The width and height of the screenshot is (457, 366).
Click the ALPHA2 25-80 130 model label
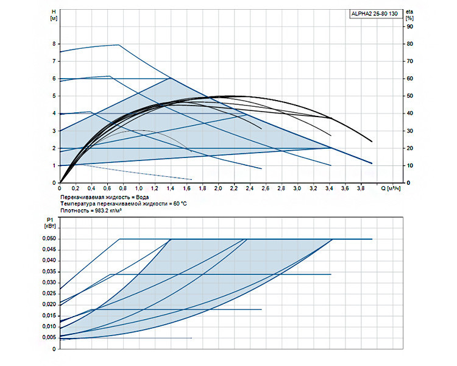(x=374, y=13)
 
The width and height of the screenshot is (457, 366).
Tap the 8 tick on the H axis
(x=54, y=44)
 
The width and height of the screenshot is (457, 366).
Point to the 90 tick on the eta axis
(x=410, y=27)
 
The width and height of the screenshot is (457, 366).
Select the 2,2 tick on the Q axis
(x=234, y=188)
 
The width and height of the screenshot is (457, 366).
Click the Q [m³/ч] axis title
(x=391, y=188)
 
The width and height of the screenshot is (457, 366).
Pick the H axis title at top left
(x=54, y=15)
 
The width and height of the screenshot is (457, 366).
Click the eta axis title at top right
(x=409, y=15)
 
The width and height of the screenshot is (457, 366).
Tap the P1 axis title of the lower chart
(x=50, y=223)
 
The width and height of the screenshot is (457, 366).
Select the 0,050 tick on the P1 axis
(x=49, y=239)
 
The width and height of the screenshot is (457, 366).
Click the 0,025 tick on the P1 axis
(x=49, y=293)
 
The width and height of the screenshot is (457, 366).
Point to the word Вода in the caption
(x=142, y=197)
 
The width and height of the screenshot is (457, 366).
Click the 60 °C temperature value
(x=180, y=204)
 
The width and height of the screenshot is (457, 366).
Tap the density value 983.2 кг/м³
(x=108, y=210)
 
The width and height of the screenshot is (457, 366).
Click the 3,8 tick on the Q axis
(x=361, y=188)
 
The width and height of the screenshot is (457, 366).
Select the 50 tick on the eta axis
(x=410, y=96)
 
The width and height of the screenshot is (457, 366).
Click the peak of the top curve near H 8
(x=119, y=45)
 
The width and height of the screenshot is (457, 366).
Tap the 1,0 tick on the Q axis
(x=139, y=188)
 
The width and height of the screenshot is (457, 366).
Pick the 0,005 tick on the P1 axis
(x=49, y=337)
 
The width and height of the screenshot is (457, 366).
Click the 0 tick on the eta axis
(x=408, y=183)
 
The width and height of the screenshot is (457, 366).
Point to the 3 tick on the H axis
(x=54, y=131)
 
